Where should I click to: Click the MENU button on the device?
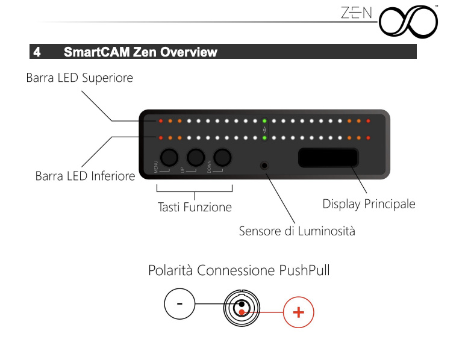click(x=169, y=157)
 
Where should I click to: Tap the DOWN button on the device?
click(x=222, y=157)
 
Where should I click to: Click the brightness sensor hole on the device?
click(x=264, y=165)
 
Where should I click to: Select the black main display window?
click(x=328, y=157)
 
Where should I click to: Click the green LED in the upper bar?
click(x=264, y=121)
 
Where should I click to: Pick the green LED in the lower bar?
click(x=264, y=138)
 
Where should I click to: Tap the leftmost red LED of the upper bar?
click(x=161, y=121)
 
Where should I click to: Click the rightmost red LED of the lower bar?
click(x=368, y=138)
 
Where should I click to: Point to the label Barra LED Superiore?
click(x=80, y=78)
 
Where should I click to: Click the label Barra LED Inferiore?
click(x=85, y=176)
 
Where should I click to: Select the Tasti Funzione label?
click(x=195, y=207)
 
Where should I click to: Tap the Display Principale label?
click(x=369, y=204)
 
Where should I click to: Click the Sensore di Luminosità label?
click(x=297, y=231)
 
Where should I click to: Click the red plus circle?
click(x=299, y=312)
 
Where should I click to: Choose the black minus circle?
click(x=179, y=303)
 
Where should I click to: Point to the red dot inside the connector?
click(x=242, y=312)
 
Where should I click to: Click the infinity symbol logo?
click(x=408, y=22)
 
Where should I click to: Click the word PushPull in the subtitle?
click(x=304, y=270)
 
